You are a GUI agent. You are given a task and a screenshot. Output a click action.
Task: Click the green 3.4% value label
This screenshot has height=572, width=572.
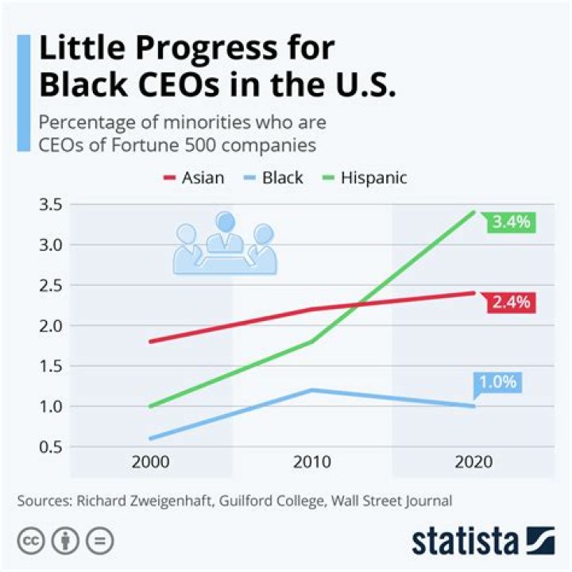click(511, 222)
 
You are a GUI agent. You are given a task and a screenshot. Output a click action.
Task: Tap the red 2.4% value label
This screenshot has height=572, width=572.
click(511, 303)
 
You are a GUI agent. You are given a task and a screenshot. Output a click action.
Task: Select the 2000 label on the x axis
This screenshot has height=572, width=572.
click(149, 462)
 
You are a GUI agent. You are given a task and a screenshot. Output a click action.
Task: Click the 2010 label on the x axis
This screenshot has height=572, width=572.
click(312, 462)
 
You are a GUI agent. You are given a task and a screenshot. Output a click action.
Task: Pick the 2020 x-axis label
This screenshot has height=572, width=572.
click(474, 462)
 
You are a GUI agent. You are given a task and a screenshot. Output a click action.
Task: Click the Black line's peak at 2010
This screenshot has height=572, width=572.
click(312, 390)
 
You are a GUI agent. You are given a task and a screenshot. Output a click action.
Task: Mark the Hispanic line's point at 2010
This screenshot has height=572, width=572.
click(312, 342)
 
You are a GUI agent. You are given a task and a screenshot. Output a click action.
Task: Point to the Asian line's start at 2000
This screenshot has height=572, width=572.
click(149, 342)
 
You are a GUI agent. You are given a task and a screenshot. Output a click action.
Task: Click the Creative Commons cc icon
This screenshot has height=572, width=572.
click(30, 541)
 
